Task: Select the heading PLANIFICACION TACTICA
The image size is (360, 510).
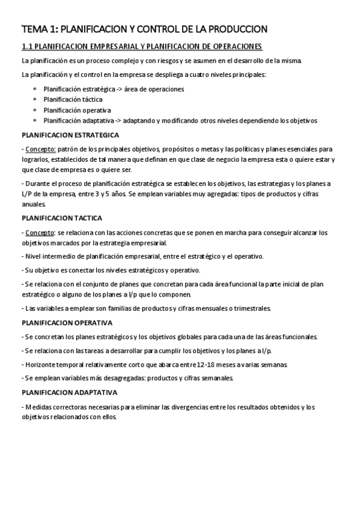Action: click(x=62, y=218)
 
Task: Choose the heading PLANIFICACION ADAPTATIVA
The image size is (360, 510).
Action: click(x=69, y=392)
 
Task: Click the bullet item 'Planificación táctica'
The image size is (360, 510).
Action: click(x=73, y=100)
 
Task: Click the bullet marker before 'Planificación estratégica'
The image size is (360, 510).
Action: click(x=34, y=89)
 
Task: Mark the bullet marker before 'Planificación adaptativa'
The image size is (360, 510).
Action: click(x=34, y=121)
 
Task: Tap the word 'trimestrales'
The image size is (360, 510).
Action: click(x=251, y=309)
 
